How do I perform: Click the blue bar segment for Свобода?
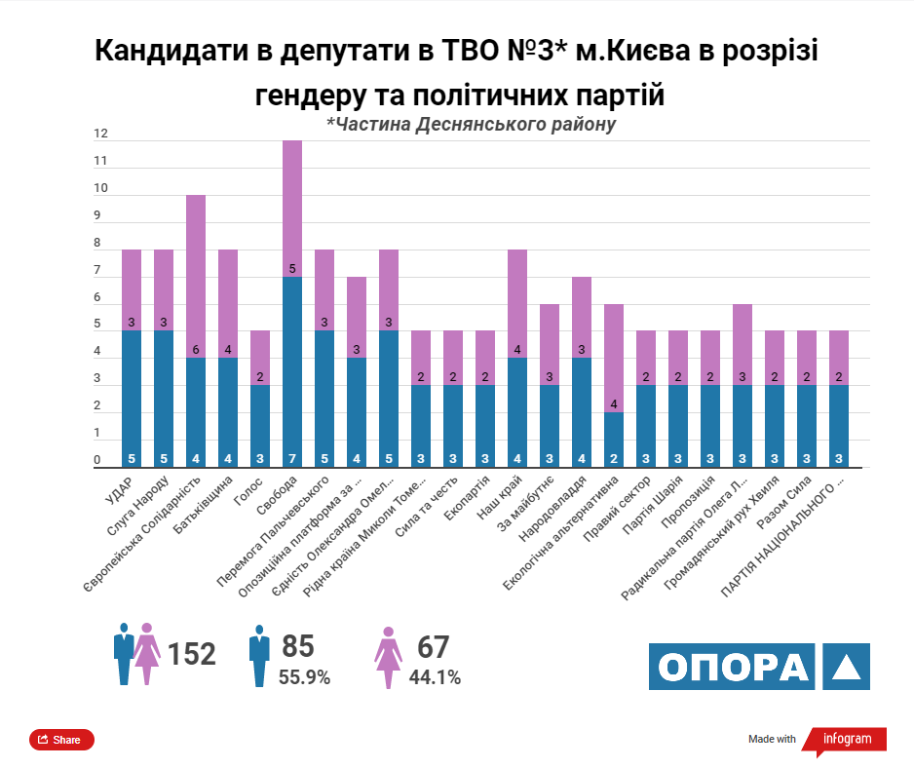coord(292,370)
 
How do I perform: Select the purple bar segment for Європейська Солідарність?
coord(196,277)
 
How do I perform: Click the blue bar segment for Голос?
coord(260,426)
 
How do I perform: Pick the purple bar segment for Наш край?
coord(516,304)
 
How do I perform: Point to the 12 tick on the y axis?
coord(99,134)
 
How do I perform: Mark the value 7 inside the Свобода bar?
coord(292,458)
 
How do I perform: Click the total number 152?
coord(191,654)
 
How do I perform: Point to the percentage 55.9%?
coord(304,677)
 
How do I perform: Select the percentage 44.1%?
coord(435,677)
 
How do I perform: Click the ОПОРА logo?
coord(759,667)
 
